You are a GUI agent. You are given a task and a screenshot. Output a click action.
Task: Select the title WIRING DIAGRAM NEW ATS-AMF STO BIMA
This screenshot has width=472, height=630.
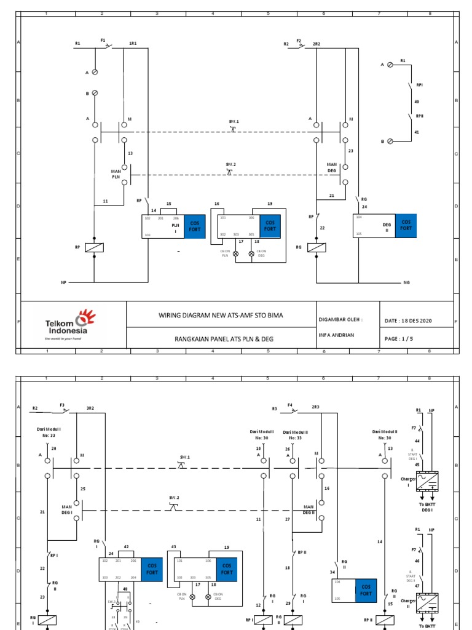point(221,315)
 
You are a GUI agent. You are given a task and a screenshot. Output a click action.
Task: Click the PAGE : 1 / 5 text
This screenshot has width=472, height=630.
point(399,338)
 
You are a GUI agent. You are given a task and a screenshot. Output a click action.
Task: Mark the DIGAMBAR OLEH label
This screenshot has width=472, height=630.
point(340,319)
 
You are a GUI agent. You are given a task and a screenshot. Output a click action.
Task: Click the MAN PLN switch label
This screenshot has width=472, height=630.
point(116,173)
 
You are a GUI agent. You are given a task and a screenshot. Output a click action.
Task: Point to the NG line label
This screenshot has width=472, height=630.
point(406,282)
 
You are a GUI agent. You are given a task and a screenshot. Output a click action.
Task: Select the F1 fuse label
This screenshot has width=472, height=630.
point(103,40)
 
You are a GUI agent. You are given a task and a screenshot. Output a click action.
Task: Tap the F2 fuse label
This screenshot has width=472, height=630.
point(299,40)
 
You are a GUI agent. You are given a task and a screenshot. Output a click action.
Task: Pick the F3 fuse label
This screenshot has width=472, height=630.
point(62,405)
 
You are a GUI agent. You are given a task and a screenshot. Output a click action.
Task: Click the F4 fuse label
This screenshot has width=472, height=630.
point(290,405)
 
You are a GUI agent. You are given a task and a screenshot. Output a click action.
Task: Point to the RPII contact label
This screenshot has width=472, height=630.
point(419,116)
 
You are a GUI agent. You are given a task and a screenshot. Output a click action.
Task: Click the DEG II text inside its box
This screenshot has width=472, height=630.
point(387,227)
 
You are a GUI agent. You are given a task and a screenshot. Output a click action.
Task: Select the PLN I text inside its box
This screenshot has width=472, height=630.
point(175,227)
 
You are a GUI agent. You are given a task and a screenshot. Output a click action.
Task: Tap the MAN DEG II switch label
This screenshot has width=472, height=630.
point(309,509)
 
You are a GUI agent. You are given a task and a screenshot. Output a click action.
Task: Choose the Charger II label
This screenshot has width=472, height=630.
point(407,604)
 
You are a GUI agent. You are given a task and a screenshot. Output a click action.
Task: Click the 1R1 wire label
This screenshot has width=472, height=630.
point(133,44)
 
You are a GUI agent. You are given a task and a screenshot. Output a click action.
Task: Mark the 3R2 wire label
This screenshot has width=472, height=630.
point(90,409)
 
